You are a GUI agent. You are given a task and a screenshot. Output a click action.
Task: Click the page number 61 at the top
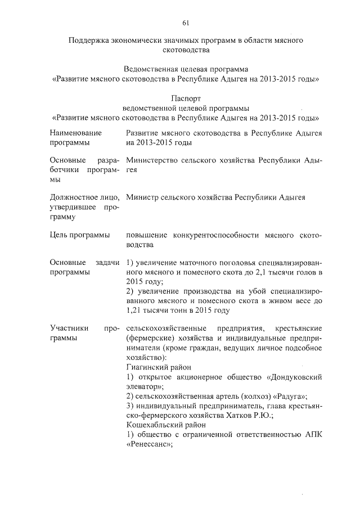click(x=185, y=22)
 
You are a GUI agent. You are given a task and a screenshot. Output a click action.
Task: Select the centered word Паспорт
click(x=185, y=98)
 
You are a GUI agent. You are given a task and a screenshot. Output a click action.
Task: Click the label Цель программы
click(x=79, y=235)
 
